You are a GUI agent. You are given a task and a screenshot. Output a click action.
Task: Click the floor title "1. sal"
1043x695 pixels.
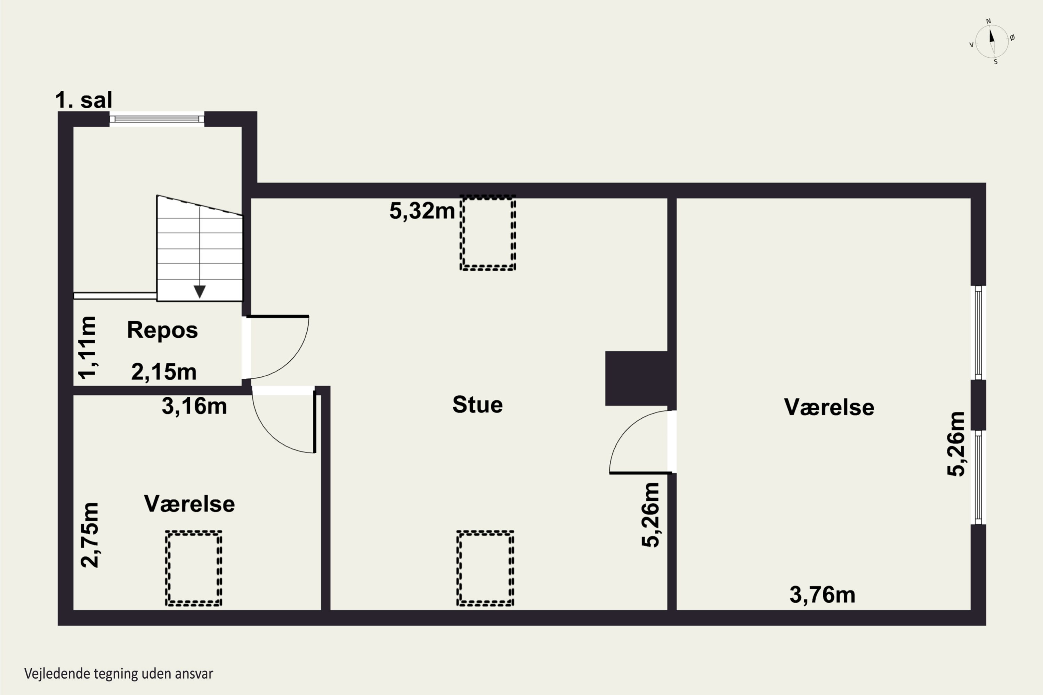(84, 100)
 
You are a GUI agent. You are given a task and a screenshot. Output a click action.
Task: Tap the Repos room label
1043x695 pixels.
(162, 330)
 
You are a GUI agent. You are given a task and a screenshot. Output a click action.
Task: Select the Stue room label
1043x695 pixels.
(478, 405)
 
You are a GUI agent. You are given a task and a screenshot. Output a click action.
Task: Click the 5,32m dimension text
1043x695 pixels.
(422, 211)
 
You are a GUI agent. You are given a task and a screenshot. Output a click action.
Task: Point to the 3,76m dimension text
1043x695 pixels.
(822, 595)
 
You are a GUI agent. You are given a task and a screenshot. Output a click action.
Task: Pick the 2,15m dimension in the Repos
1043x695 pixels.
(164, 372)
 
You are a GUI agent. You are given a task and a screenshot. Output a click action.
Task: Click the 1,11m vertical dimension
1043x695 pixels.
(87, 347)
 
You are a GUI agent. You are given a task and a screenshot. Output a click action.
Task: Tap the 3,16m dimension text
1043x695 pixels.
(194, 406)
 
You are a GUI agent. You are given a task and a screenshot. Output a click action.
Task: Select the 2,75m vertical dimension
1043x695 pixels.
(90, 535)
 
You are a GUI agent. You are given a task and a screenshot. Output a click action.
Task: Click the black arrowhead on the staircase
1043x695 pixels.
(200, 292)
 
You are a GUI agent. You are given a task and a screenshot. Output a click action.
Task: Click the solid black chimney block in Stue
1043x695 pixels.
(637, 378)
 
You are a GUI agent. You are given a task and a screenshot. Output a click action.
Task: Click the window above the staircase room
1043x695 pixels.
(157, 119)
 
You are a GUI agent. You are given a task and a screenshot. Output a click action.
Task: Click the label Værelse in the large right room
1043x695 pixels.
(829, 407)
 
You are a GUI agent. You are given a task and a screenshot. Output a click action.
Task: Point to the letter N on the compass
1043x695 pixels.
(988, 21)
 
